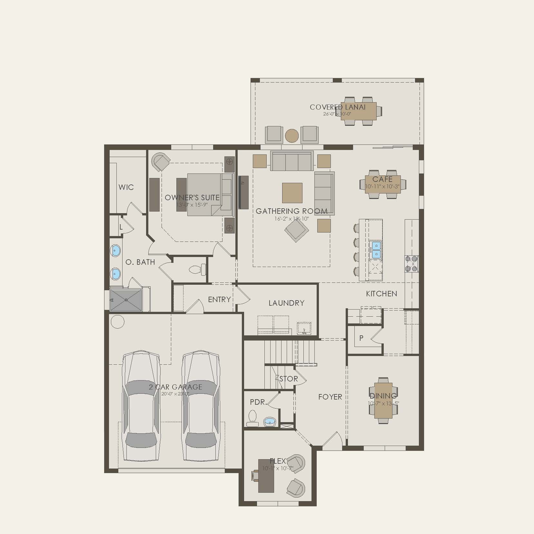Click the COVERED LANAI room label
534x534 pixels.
[x=337, y=107]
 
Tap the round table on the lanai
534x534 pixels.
[x=292, y=136]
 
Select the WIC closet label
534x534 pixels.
[x=126, y=187]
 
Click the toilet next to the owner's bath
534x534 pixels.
[x=196, y=269]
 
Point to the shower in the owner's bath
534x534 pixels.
[x=126, y=300]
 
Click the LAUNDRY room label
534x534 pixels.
[x=286, y=303]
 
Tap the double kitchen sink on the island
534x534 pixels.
[x=376, y=250]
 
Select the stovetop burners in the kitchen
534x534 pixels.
[x=412, y=264]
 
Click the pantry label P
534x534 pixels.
[x=361, y=338]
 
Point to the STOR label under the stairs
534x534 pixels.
[x=288, y=379]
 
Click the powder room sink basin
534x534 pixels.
[x=269, y=421]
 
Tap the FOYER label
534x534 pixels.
[x=330, y=397]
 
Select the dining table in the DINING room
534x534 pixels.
[x=383, y=400]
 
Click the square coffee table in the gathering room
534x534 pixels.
[x=292, y=193]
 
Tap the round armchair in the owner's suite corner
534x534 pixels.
[x=161, y=162]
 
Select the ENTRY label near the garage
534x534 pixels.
[x=219, y=300]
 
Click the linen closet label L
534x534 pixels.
[x=121, y=227]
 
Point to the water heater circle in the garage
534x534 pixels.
[x=117, y=322]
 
